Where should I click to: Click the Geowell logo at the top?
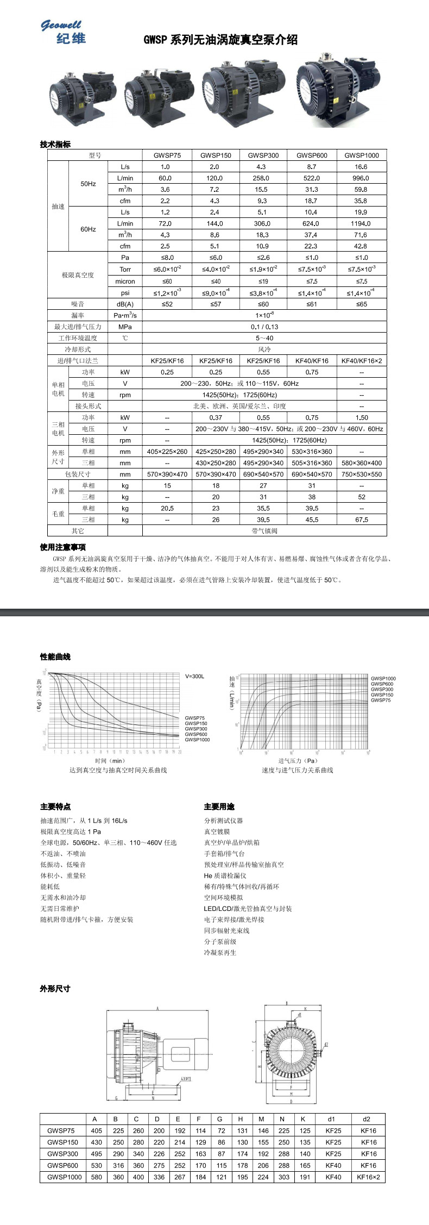click(63, 32)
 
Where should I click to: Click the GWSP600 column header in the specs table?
click(312, 155)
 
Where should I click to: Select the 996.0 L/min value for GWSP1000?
click(361, 178)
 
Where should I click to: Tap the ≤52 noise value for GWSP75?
click(167, 304)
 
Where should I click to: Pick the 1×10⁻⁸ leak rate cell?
click(264, 315)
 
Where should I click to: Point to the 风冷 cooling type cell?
click(264, 349)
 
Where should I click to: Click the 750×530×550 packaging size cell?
click(361, 474)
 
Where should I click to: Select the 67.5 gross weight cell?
click(361, 520)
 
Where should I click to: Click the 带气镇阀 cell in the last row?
click(264, 530)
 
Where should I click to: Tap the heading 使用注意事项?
click(62, 547)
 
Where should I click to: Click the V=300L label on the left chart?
click(195, 676)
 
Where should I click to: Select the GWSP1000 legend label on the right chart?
click(383, 678)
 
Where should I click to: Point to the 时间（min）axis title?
click(110, 761)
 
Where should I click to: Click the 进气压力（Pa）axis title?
click(298, 761)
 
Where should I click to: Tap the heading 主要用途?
click(219, 807)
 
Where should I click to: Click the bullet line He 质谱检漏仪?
click(225, 876)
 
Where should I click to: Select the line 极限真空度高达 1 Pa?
click(71, 832)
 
